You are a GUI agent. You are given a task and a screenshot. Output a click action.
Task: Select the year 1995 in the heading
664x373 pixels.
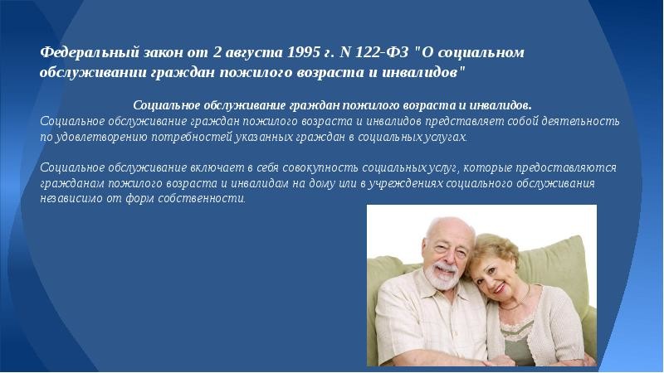304,52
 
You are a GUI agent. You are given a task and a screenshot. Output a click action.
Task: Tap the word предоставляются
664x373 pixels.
566,168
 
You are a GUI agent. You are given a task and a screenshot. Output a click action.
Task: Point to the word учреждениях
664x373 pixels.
405,183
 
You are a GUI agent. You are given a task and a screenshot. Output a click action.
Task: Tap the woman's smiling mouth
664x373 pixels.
500,288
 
